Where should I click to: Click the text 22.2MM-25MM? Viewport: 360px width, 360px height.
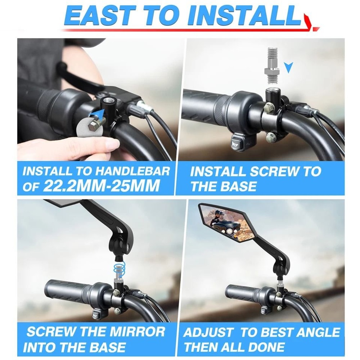point(101,186)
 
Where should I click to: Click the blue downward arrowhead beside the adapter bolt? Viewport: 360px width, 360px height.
point(288,67)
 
